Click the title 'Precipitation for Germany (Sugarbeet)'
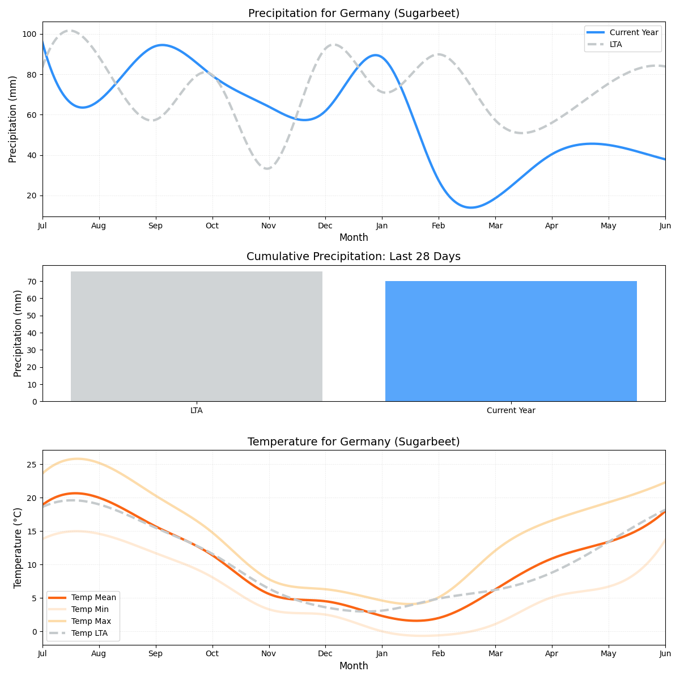pos(354,14)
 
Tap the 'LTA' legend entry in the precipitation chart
pos(615,44)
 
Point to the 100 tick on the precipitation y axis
pos(29,34)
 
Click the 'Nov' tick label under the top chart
pos(269,226)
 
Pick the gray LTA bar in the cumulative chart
pos(197,336)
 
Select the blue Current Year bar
pos(511,341)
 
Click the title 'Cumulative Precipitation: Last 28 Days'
pos(354,257)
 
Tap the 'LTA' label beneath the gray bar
pos(197,410)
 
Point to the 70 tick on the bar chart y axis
pos(32,282)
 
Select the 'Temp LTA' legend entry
pos(90,633)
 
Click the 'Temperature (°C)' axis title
pos(18,547)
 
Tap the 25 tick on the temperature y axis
pos(32,465)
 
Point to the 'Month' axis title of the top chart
pos(354,237)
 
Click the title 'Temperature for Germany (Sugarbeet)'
pos(354,442)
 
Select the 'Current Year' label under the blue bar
pos(511,410)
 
